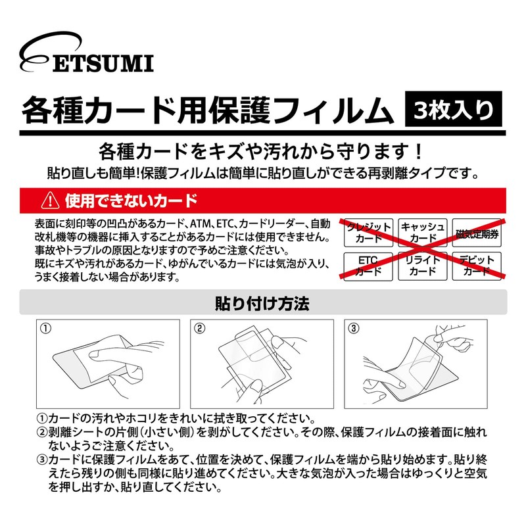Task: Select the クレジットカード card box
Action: (368, 232)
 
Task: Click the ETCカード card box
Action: (368, 265)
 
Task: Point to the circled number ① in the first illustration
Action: (45, 327)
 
